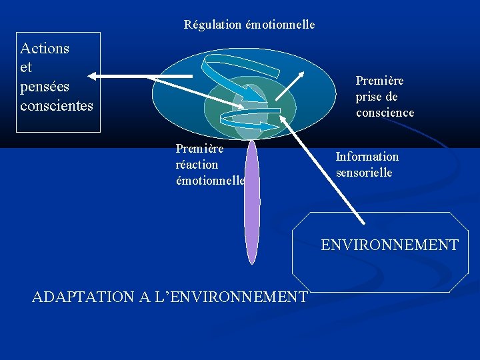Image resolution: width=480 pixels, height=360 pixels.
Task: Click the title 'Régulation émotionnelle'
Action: [x=249, y=25]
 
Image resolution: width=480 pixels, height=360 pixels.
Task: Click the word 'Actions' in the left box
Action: [x=45, y=48]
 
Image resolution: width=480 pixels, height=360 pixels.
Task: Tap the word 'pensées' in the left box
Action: [x=45, y=87]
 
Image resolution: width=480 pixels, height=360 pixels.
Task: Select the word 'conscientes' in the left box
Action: [x=57, y=106]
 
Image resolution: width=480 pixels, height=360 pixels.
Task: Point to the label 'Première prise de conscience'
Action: [x=385, y=97]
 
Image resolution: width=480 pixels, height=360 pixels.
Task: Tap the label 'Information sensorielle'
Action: [x=367, y=165]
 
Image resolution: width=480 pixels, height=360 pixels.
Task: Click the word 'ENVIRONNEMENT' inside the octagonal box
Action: [x=389, y=245]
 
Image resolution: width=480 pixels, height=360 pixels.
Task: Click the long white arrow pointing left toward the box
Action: [x=140, y=76]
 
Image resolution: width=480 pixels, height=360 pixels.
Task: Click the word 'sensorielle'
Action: [x=364, y=173]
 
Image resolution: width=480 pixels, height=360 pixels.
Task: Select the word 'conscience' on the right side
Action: [x=385, y=113]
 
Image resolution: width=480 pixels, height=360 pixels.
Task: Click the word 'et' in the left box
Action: [x=27, y=67]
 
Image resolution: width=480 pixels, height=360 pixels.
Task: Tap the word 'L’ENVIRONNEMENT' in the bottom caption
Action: [x=238, y=297]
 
